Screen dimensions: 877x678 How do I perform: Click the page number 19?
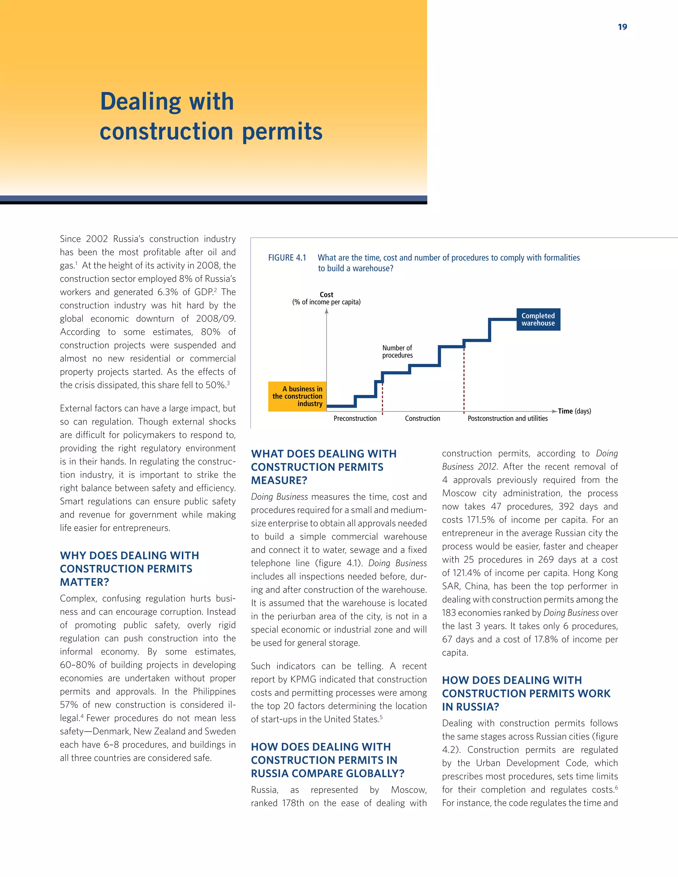[x=622, y=27]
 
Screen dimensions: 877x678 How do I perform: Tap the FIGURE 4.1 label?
[x=287, y=257]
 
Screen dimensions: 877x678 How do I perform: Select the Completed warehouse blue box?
[x=538, y=319]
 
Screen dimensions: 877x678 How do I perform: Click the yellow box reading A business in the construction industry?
[x=297, y=396]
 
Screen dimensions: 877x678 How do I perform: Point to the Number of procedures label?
[x=397, y=351]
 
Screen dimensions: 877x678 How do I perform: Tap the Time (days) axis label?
[x=574, y=411]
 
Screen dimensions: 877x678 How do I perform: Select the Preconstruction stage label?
[x=355, y=418]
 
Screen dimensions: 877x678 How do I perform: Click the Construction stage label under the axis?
[x=422, y=418]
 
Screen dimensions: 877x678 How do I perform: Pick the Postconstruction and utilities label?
[x=507, y=418]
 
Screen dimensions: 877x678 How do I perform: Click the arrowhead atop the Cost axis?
[x=326, y=311]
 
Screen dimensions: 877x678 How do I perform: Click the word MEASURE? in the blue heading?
[x=279, y=480]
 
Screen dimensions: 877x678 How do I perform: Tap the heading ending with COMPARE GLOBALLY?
[x=327, y=760]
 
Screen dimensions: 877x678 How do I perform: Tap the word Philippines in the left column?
[x=214, y=691]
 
